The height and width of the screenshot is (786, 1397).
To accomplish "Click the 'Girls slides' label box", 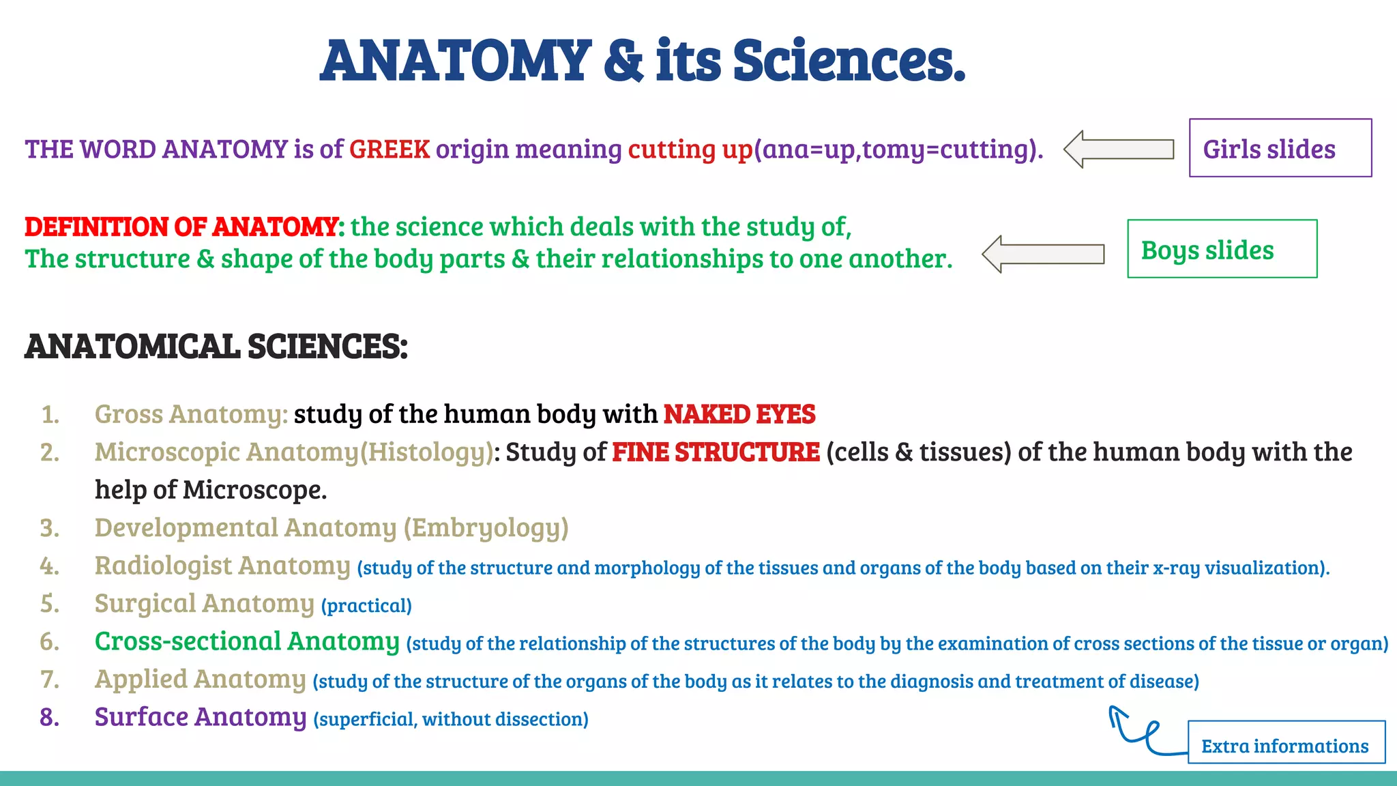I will [x=1280, y=148].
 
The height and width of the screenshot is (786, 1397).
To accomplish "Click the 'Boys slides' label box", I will [x=1222, y=249].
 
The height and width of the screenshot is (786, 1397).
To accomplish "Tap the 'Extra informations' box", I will [x=1286, y=743].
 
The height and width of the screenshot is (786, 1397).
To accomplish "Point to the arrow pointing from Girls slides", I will [x=1119, y=149].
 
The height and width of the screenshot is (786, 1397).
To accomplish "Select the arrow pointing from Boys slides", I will [x=1043, y=254].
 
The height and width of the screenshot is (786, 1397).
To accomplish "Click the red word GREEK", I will [x=389, y=149].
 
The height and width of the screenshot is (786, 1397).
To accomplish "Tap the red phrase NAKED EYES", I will [x=739, y=414].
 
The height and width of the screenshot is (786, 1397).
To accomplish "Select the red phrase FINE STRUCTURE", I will [x=716, y=452].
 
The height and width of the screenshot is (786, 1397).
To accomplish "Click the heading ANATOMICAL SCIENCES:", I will [x=216, y=347].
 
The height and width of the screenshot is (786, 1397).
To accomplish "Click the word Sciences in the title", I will [x=849, y=61].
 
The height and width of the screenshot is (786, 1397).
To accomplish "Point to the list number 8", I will [x=49, y=717].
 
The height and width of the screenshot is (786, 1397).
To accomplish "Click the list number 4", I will [x=49, y=566].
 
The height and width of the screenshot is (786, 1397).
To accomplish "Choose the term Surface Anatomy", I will [x=201, y=717].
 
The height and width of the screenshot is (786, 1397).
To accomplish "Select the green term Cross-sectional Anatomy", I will [x=247, y=641].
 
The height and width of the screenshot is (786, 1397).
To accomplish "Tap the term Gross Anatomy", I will [x=191, y=414].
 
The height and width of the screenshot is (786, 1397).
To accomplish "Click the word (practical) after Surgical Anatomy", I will [x=366, y=605].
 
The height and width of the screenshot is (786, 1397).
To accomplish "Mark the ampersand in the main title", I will [x=623, y=61].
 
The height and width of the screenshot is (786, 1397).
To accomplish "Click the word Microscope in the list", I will [x=254, y=490].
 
